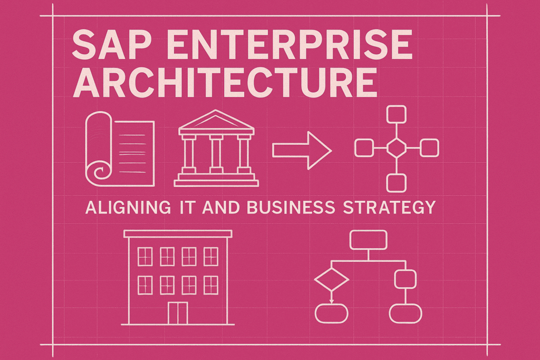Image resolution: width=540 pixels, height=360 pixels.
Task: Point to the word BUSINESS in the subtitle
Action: click(288, 207)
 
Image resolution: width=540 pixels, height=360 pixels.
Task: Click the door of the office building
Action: click(177, 313)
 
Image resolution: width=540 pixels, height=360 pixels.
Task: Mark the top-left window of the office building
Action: click(144, 257)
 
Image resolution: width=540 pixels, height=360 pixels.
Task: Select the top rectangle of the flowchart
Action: click(369, 240)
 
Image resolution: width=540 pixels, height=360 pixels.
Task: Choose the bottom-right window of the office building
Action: click(210, 285)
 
